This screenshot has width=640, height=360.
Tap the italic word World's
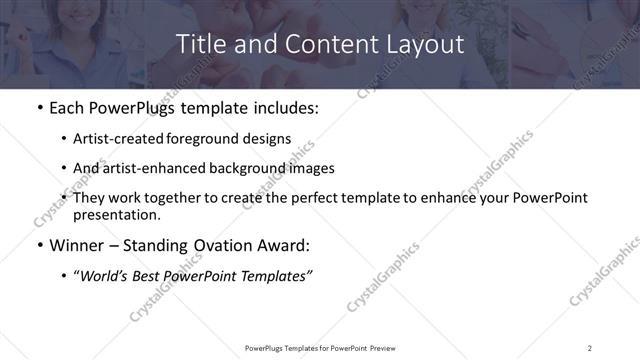[x=105, y=276]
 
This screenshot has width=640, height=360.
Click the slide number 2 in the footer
[x=589, y=348]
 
